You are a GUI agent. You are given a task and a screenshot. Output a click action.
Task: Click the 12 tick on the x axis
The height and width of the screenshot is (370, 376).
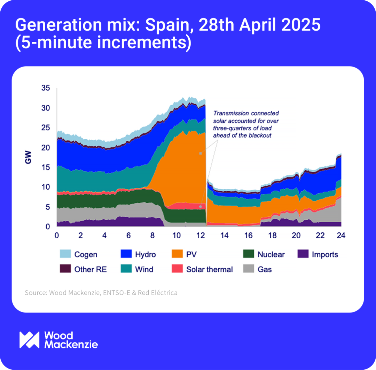coord(200,236)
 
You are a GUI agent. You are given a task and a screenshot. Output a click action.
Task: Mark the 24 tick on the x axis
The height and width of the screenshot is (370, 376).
coord(340,236)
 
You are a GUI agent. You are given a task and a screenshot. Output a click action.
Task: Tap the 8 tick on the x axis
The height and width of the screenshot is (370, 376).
coord(152,236)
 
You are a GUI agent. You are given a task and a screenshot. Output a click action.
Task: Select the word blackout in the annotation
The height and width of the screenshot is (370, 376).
coord(260,136)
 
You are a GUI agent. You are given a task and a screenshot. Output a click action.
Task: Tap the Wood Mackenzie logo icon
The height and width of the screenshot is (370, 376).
coord(29,340)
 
